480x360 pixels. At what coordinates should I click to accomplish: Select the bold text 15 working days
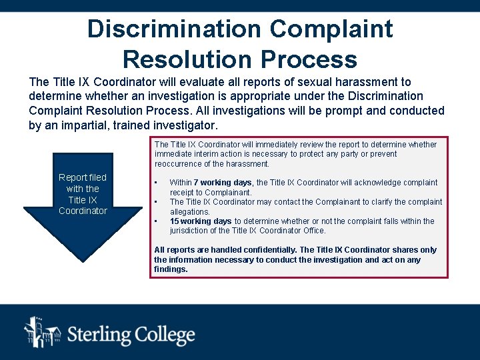[x=201, y=221]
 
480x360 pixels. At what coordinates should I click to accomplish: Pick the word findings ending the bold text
[x=170, y=270]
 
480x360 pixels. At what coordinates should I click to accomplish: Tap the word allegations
[x=189, y=211]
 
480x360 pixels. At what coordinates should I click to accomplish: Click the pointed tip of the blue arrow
[x=83, y=259]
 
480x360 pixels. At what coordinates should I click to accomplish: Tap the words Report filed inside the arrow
[x=83, y=177]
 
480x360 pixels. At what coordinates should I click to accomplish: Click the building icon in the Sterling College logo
[x=41, y=331]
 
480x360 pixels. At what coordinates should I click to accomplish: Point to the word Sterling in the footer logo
[x=99, y=334]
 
